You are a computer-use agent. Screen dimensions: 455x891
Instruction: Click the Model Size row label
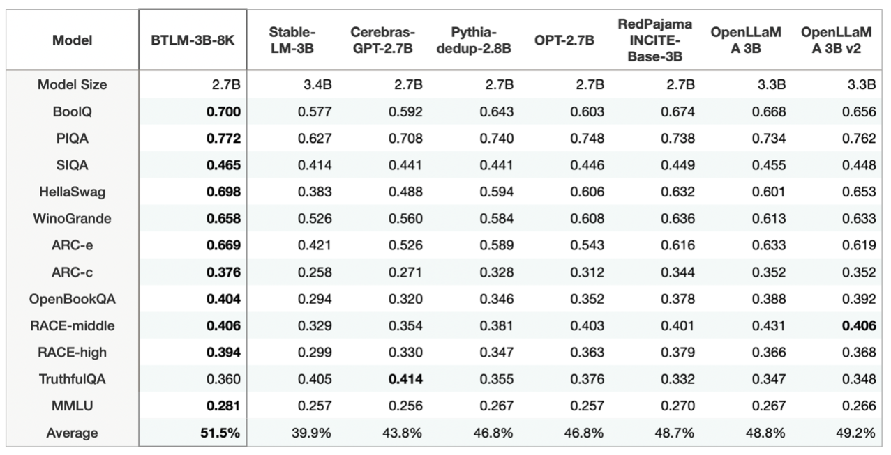[x=73, y=85]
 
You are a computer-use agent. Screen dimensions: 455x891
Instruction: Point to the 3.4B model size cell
[x=315, y=85]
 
